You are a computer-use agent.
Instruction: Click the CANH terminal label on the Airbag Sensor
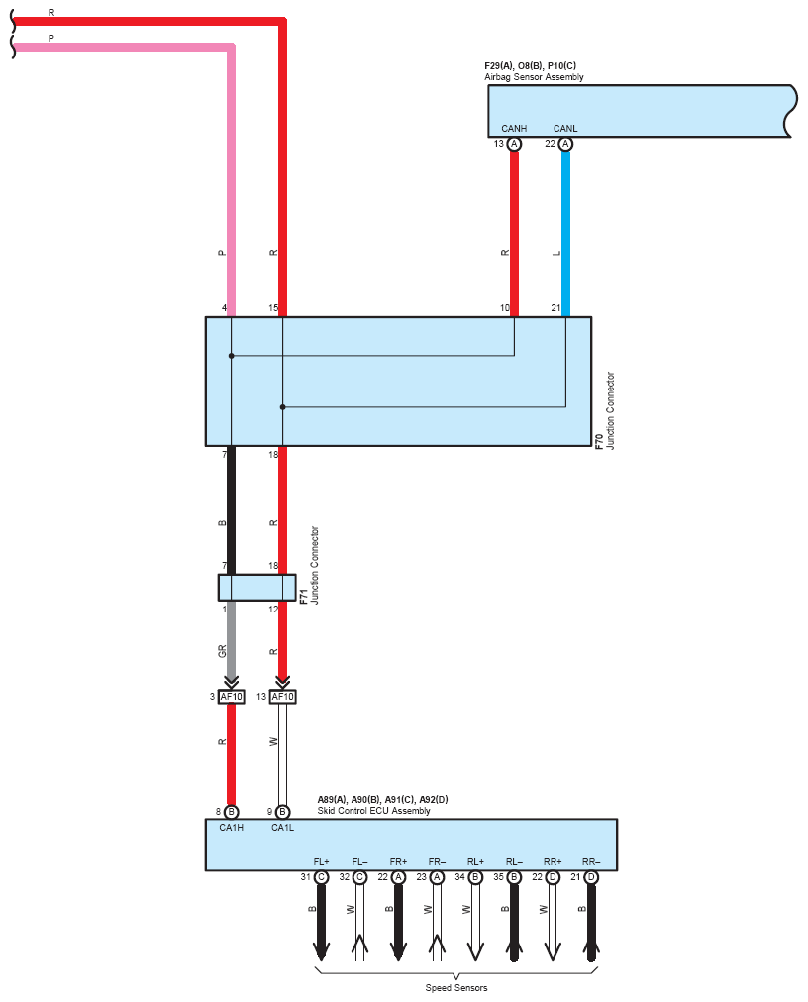tap(514, 129)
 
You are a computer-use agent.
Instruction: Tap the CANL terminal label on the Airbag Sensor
tap(565, 129)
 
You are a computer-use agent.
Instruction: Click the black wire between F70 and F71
tap(231, 510)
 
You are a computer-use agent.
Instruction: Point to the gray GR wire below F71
tap(231, 641)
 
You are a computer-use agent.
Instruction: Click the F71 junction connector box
tap(257, 588)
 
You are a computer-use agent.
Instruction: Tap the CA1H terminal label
tap(231, 827)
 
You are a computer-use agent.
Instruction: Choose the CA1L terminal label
tap(283, 827)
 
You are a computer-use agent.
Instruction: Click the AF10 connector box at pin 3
tap(231, 697)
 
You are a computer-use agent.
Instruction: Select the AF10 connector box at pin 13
tap(283, 697)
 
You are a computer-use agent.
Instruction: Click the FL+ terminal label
tap(321, 861)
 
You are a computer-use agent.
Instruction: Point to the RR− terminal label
tap(591, 861)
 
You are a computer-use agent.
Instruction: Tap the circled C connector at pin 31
tap(321, 877)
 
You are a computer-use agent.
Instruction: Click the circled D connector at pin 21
tap(591, 877)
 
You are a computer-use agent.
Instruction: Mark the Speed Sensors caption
tap(456, 988)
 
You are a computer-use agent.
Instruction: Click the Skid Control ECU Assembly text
tap(374, 811)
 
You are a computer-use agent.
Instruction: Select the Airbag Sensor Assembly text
tap(534, 77)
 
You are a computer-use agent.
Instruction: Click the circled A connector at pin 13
tap(514, 144)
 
